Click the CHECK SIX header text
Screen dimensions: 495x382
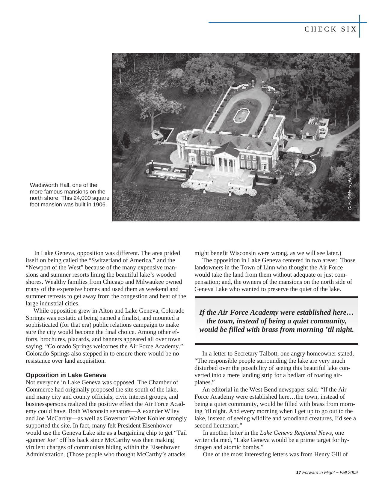pyautogui.click(x=330, y=29)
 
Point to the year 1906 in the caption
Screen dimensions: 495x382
pyautogui.click(x=100, y=205)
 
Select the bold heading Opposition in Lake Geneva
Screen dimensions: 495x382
pyautogui.click(x=66, y=375)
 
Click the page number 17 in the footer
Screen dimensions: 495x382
pyautogui.click(x=298, y=473)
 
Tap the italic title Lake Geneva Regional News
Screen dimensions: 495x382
pyautogui.click(x=296, y=433)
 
